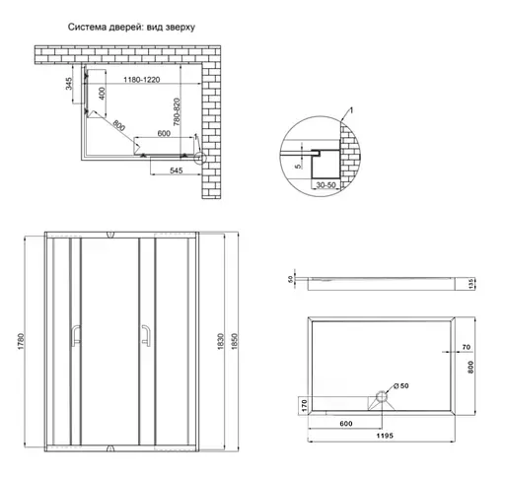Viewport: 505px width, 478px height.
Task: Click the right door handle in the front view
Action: [x=144, y=336]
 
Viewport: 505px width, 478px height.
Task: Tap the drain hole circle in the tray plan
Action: [x=380, y=398]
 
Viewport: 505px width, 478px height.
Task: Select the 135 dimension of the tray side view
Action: [x=473, y=284]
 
